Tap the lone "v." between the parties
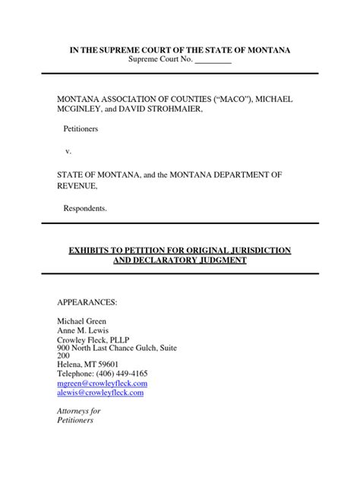tap(68, 153)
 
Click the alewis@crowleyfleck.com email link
tap(100, 393)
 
